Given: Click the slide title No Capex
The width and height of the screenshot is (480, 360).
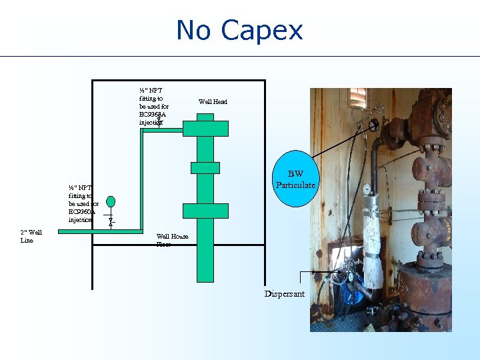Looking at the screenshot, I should [239, 31].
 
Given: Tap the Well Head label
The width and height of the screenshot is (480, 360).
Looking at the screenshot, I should [213, 102].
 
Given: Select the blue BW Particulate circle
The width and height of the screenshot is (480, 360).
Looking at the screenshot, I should [295, 179].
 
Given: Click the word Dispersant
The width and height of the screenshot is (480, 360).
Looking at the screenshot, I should [284, 294].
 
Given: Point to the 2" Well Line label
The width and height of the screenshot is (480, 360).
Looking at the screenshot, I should [31, 236].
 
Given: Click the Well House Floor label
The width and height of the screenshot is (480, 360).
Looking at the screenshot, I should [172, 240].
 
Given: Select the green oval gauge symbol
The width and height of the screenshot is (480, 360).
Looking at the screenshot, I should [111, 201].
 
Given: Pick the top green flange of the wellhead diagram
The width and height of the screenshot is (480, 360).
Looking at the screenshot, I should [205, 128].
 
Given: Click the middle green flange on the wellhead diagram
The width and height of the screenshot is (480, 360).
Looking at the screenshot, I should [205, 167].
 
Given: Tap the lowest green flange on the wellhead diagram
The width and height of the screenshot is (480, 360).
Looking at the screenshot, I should [205, 211].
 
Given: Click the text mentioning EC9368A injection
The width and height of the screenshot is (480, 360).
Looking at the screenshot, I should [153, 106].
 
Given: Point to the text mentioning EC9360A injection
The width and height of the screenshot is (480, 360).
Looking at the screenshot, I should [83, 204].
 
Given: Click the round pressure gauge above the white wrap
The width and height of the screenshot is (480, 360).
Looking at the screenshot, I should [367, 189].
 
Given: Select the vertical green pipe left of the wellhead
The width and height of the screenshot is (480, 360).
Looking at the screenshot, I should [141, 180].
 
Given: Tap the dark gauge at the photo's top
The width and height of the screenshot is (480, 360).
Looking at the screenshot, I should [374, 124].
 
